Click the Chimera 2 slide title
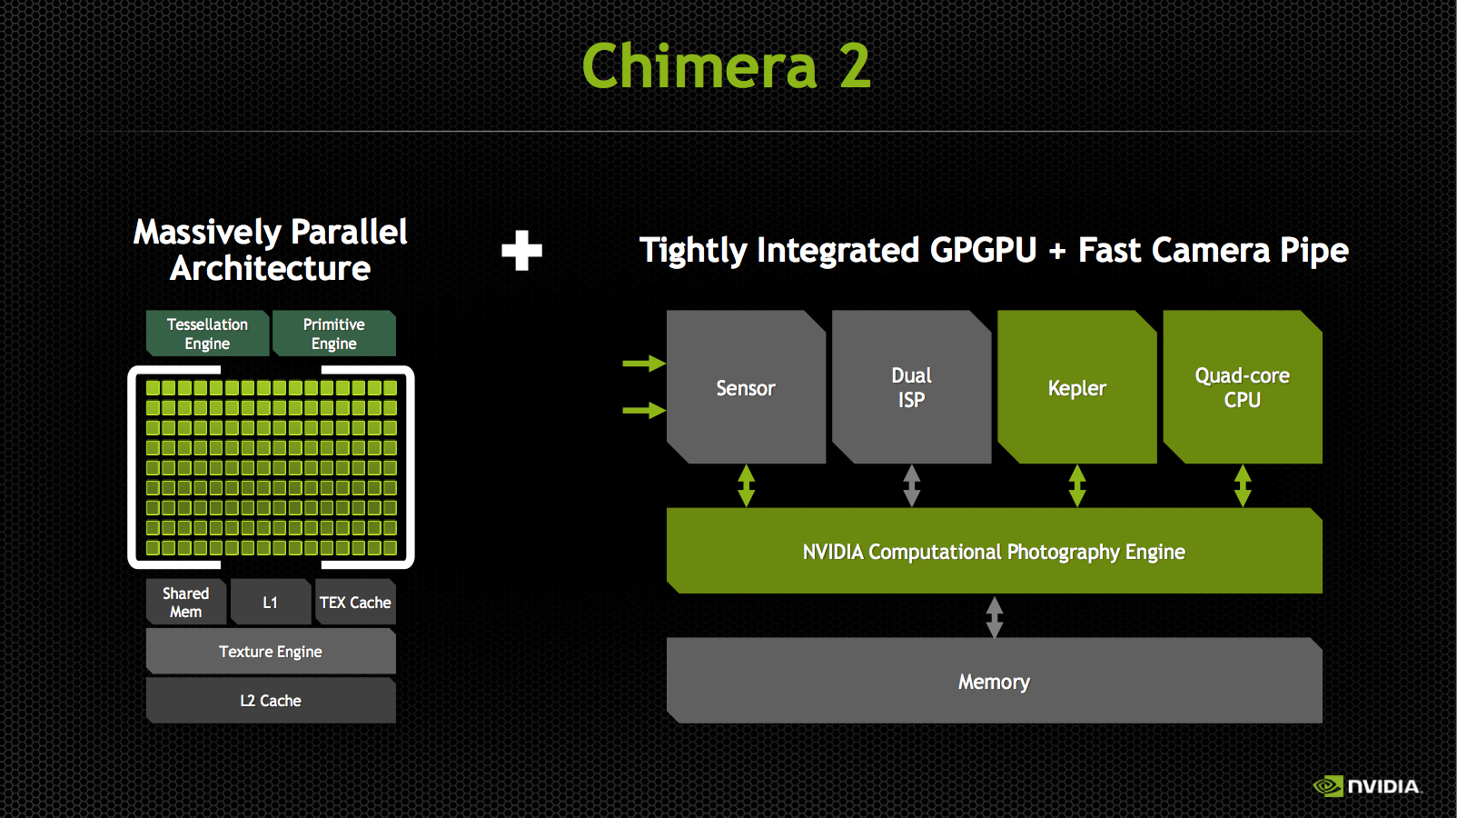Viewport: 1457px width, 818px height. click(x=726, y=65)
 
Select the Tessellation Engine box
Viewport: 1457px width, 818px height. click(x=207, y=334)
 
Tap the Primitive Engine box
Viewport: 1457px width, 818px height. click(x=333, y=334)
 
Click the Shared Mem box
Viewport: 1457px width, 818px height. click(x=186, y=602)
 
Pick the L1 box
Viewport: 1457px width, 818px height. click(x=271, y=602)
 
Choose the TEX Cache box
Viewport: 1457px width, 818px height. click(x=355, y=602)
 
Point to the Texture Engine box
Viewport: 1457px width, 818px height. click(x=271, y=651)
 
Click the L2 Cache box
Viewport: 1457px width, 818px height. click(x=271, y=700)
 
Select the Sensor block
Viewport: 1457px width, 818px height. click(x=746, y=387)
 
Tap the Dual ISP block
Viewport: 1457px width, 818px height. click(x=911, y=387)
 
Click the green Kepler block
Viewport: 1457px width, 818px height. click(x=1077, y=387)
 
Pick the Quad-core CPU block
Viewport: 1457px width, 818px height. click(x=1243, y=387)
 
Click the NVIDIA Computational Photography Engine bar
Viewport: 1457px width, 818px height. click(x=995, y=551)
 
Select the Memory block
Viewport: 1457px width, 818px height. click(x=995, y=681)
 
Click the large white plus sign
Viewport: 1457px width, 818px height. click(x=521, y=251)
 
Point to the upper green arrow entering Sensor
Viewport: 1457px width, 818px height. click(x=644, y=364)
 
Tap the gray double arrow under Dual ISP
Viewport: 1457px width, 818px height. click(x=911, y=485)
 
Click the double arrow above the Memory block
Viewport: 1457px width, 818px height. click(x=995, y=616)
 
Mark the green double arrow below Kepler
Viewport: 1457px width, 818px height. click(x=1077, y=485)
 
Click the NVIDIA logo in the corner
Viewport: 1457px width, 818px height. click(x=1366, y=786)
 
